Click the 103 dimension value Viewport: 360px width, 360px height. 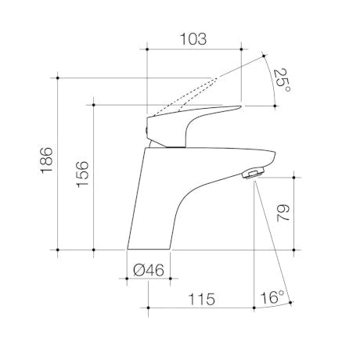point(193,39)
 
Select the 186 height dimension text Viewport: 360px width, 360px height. point(47,160)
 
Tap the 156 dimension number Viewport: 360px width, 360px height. point(82,174)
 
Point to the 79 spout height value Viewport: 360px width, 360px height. point(283,213)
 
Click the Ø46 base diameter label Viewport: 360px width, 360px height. point(149,270)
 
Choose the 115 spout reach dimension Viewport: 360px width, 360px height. point(202,299)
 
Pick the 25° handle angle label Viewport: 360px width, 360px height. point(282,81)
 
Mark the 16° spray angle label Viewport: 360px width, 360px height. point(272,297)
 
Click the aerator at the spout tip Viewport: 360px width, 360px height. point(254,173)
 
